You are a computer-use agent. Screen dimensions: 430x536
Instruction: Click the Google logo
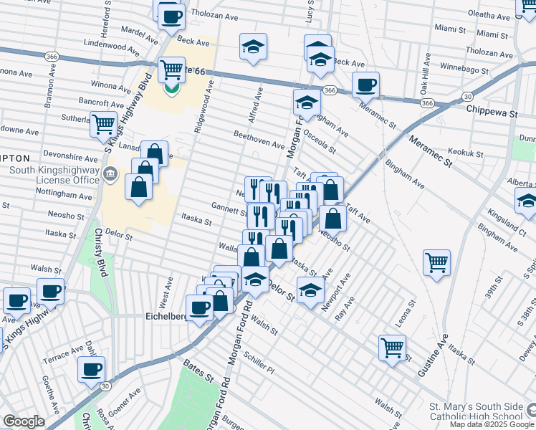click(24, 421)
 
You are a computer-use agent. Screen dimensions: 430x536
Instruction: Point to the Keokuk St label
click(464, 152)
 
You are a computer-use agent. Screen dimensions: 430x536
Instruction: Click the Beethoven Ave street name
click(259, 138)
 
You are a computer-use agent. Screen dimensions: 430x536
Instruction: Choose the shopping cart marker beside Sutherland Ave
click(104, 124)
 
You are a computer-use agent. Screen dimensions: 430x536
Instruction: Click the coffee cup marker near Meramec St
click(365, 85)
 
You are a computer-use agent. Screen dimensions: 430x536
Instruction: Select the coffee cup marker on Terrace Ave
click(91, 370)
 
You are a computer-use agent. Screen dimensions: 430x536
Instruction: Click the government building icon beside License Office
click(111, 173)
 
